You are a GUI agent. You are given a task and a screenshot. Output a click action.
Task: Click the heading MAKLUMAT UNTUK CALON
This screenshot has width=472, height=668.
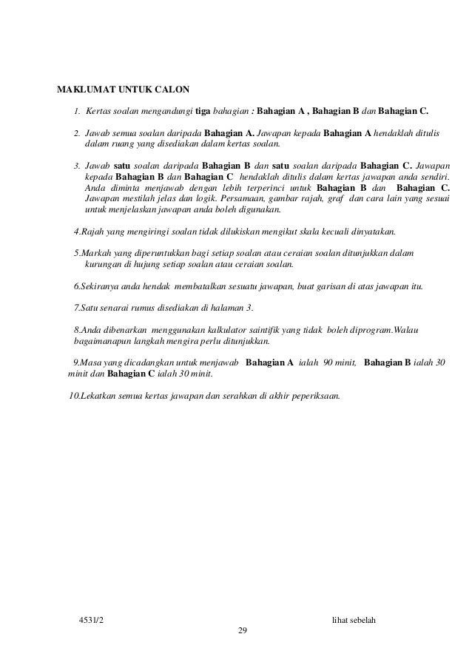(x=124, y=91)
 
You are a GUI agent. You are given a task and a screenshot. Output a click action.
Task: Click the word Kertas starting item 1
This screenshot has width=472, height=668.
(x=101, y=112)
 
